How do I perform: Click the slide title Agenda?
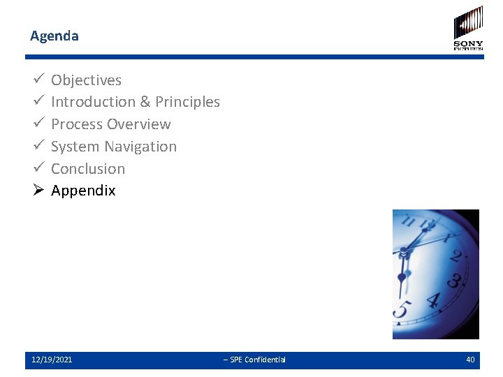tap(54, 36)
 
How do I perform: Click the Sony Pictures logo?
tap(468, 28)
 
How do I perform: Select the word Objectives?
tap(86, 80)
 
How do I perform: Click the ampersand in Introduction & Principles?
tap(145, 102)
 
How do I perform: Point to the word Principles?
tap(187, 102)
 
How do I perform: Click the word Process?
tap(76, 124)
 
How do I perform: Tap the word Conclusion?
tap(88, 169)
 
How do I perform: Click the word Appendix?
tap(83, 191)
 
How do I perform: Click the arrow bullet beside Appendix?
tap(38, 191)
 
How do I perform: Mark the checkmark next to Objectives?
tap(38, 80)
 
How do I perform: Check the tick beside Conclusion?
tap(38, 168)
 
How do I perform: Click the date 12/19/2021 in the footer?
tap(52, 360)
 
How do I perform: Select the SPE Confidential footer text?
tap(254, 360)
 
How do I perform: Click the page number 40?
tap(470, 360)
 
